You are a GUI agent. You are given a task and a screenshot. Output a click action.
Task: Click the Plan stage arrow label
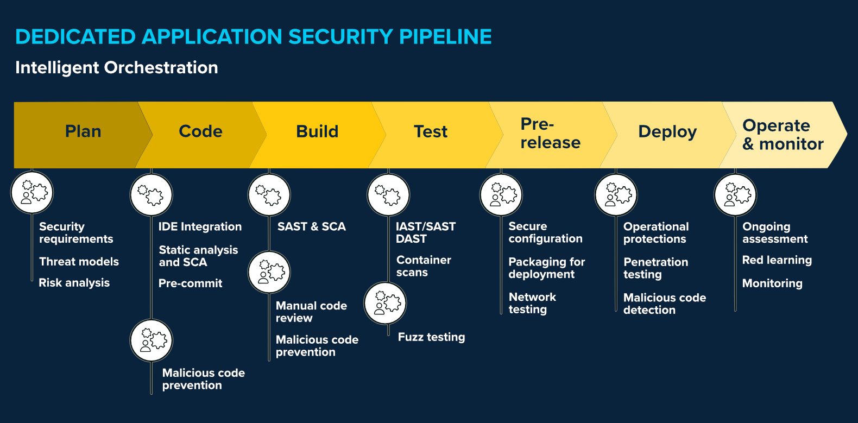pyautogui.click(x=83, y=131)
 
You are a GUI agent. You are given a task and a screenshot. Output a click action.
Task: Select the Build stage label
pyautogui.click(x=317, y=131)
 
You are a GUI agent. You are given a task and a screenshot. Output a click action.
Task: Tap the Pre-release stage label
pyautogui.click(x=550, y=133)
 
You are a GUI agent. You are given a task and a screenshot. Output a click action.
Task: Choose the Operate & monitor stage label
pyautogui.click(x=783, y=135)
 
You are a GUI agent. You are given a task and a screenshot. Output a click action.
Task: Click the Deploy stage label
pyautogui.click(x=667, y=131)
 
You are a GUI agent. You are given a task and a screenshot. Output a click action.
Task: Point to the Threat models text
pyautogui.click(x=79, y=262)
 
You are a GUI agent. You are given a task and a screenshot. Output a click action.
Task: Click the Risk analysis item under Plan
pyautogui.click(x=74, y=283)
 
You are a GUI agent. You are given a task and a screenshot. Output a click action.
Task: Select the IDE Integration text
pyautogui.click(x=200, y=227)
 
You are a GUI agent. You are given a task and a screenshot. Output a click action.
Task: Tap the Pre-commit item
pyautogui.click(x=190, y=283)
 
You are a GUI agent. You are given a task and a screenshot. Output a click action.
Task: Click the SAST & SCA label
pyautogui.click(x=311, y=227)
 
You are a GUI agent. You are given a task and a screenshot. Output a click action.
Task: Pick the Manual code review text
pyautogui.click(x=311, y=312)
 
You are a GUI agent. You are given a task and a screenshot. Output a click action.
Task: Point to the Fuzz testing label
pyautogui.click(x=431, y=337)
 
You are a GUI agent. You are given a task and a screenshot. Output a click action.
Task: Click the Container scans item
pyautogui.click(x=423, y=266)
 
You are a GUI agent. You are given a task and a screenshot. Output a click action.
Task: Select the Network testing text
pyautogui.click(x=532, y=303)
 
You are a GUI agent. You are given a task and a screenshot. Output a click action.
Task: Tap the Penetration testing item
pyautogui.click(x=655, y=268)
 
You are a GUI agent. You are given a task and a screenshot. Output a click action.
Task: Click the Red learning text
pyautogui.click(x=777, y=260)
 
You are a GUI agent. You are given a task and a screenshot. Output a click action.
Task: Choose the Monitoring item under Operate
pyautogui.click(x=772, y=283)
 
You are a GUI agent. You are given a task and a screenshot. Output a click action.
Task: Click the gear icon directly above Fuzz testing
pyautogui.click(x=385, y=303)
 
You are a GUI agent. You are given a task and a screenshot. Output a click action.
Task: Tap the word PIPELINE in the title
pyautogui.click(x=445, y=37)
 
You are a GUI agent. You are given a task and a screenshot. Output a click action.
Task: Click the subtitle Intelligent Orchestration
pyautogui.click(x=117, y=68)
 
